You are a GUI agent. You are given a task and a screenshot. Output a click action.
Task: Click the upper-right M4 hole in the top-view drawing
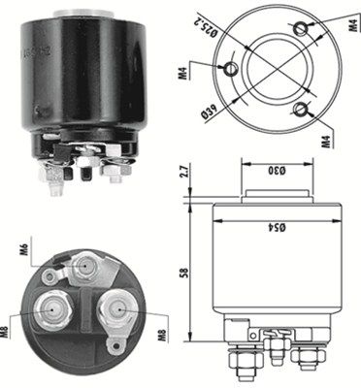click(x=311, y=25)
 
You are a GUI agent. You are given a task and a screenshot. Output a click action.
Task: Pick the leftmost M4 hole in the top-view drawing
click(x=231, y=69)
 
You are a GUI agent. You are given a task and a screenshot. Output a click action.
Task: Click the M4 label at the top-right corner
click(x=345, y=18)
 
